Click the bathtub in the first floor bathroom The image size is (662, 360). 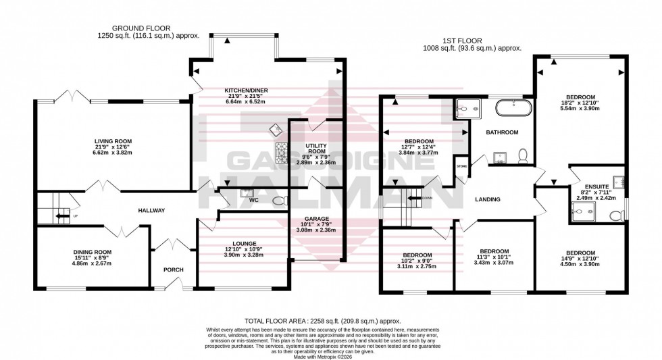click(514, 108)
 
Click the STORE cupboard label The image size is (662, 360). click(461, 165)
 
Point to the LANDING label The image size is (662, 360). click(487, 200)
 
